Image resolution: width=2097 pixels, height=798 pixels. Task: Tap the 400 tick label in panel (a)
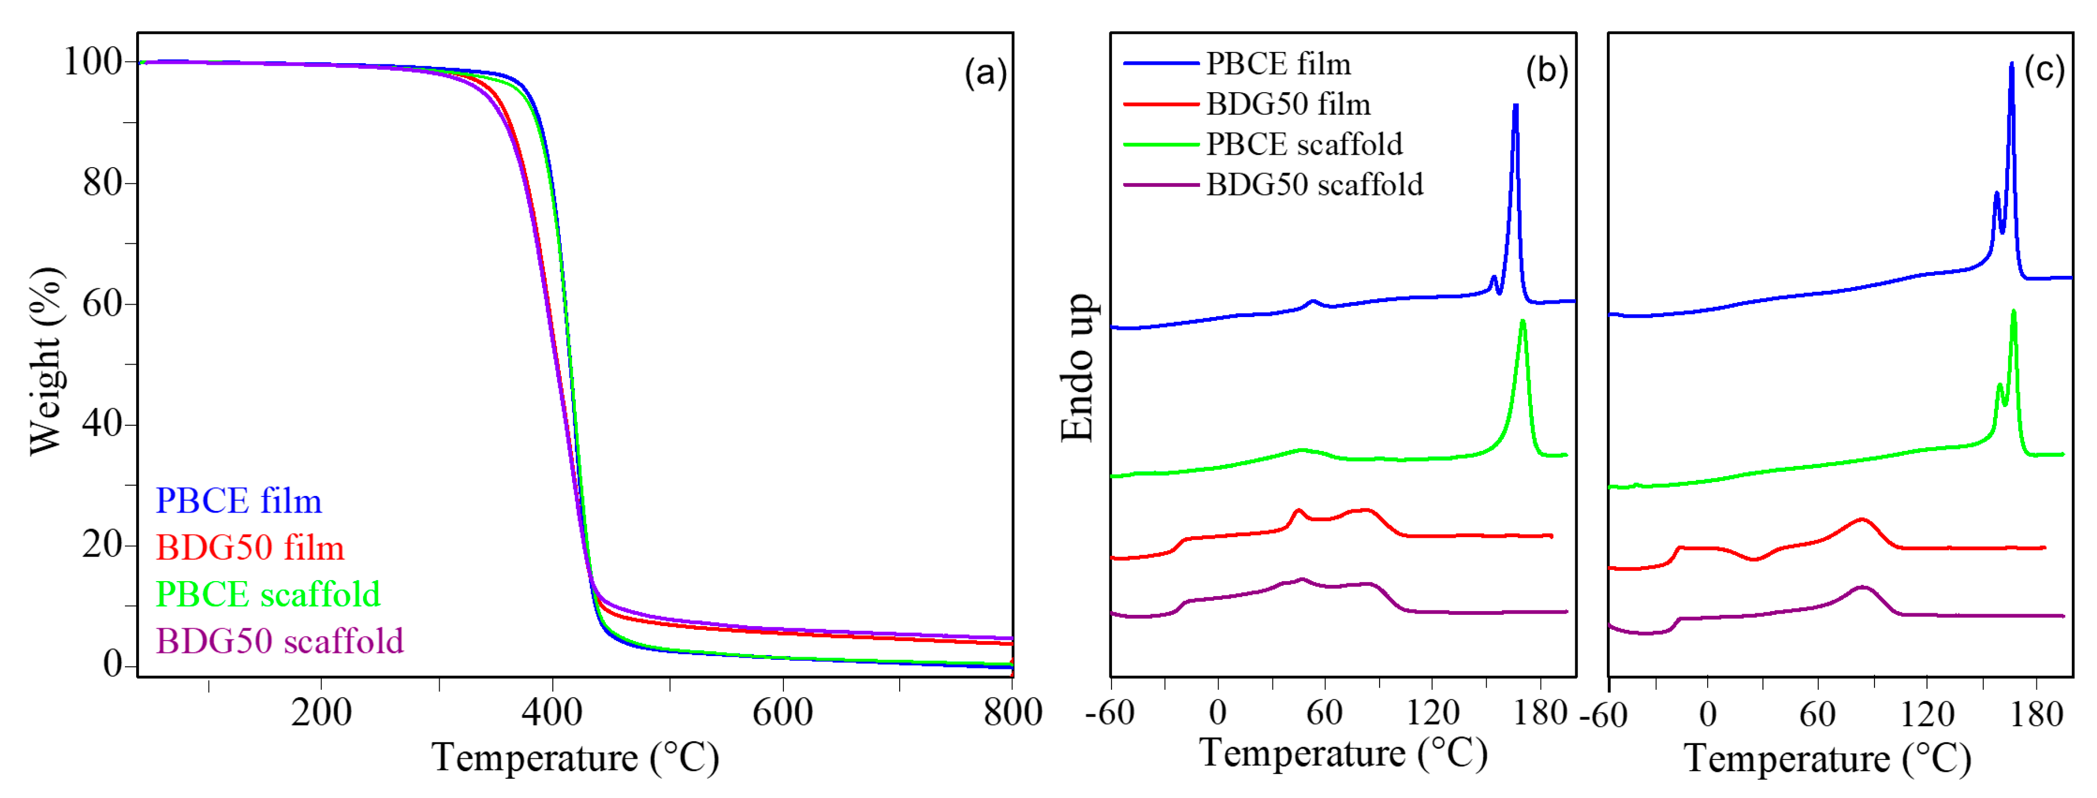(x=552, y=713)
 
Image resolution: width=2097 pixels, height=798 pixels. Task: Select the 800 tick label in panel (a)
(x=1012, y=713)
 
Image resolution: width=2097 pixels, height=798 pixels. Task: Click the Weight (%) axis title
(x=47, y=360)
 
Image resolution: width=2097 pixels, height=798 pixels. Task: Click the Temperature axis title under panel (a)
(x=575, y=758)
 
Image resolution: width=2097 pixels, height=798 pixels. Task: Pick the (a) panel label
(x=985, y=73)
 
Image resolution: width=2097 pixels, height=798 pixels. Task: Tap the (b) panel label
(x=1546, y=71)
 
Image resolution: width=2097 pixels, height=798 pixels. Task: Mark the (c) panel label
(x=2044, y=70)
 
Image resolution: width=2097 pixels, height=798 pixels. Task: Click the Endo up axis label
(x=1078, y=368)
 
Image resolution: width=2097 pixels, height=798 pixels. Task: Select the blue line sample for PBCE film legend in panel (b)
(x=1160, y=63)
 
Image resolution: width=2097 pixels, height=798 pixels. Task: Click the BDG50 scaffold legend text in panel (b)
(x=1314, y=185)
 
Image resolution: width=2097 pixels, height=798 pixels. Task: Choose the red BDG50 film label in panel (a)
(x=250, y=547)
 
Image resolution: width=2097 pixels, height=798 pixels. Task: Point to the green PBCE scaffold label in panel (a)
(x=268, y=594)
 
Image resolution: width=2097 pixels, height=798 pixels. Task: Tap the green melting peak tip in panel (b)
(x=1522, y=321)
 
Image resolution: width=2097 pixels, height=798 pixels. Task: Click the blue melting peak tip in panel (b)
(x=1515, y=105)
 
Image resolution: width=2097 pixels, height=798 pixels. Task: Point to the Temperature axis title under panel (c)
(x=1827, y=760)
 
